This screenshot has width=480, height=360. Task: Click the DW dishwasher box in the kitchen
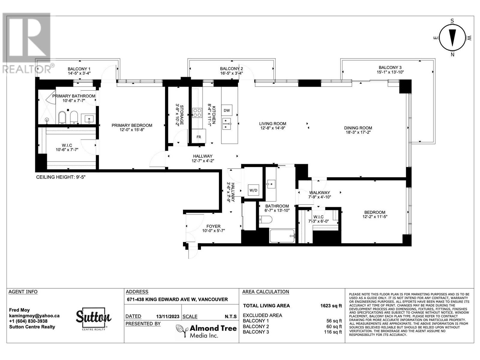(226, 110)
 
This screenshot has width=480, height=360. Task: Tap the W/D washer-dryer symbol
(253, 190)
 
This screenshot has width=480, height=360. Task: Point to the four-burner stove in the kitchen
(197, 113)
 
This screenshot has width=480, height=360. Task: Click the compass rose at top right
(452, 38)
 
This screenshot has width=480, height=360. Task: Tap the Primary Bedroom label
(132, 125)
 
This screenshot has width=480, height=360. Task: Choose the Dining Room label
(358, 128)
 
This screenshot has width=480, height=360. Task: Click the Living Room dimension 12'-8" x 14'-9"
(273, 128)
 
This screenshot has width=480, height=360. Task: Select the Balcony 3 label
(390, 67)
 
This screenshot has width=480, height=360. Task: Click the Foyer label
(213, 226)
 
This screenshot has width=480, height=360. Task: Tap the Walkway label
(319, 193)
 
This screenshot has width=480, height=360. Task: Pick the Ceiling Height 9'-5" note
(61, 177)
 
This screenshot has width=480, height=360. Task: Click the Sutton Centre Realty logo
(94, 319)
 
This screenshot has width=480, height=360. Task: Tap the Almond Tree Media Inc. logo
(206, 331)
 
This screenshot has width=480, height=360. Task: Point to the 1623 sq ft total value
(331, 306)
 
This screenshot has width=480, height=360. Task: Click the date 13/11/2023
(168, 316)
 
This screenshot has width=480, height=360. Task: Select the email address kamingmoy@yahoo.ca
(34, 316)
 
